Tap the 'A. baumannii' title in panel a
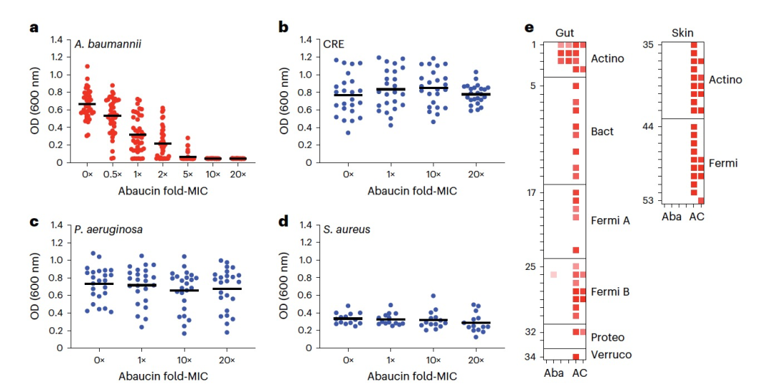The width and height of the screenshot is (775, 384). tap(108, 44)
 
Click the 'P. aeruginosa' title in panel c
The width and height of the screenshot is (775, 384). tap(108, 230)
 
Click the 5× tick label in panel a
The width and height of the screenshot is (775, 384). tap(188, 174)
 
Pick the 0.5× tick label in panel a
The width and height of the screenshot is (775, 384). tap(111, 174)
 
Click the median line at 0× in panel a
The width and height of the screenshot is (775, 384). tap(88, 104)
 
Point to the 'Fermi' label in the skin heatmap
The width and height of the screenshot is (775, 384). tap(723, 164)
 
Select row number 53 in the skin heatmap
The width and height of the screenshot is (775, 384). tap(648, 200)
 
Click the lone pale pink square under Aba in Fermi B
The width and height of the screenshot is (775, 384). tap(553, 274)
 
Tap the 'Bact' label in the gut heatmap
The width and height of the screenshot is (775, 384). tap(601, 132)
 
